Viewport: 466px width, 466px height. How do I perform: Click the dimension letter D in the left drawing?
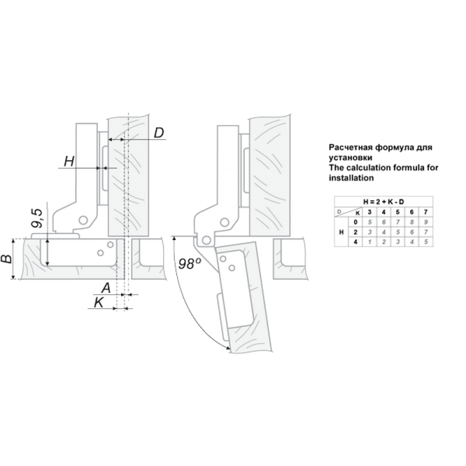tap(159, 133)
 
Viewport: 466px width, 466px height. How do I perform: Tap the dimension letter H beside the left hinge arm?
tap(69, 162)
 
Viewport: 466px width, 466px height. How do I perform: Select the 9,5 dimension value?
tap(38, 218)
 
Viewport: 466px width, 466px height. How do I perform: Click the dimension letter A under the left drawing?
tap(106, 288)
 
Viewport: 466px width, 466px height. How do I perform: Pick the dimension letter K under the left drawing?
tap(98, 302)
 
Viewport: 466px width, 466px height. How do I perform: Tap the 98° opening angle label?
tap(189, 264)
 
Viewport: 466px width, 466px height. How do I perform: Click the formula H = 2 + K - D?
tap(383, 202)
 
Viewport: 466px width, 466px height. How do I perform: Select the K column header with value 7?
tap(426, 212)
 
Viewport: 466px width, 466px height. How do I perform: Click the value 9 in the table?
tap(426, 222)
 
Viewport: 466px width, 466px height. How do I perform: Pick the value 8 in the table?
tap(412, 222)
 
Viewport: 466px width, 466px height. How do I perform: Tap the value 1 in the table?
tap(369, 242)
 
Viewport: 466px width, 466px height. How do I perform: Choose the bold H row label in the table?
tap(341, 232)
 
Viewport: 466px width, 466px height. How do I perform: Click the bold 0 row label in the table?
tap(355, 222)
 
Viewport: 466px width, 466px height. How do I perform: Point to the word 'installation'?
tap(351, 178)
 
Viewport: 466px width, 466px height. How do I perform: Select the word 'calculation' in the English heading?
tap(369, 168)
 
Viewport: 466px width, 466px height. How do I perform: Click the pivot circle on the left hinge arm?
tap(83, 220)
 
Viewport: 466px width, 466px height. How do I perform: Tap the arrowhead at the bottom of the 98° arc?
tap(228, 348)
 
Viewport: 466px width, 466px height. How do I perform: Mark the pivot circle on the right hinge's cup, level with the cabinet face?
tap(206, 240)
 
